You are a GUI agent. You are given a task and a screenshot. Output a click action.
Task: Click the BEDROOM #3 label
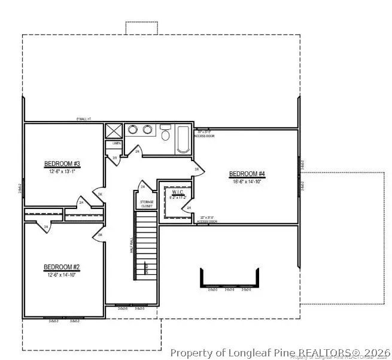click(x=62, y=164)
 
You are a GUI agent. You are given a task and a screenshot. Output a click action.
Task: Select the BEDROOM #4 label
click(x=247, y=174)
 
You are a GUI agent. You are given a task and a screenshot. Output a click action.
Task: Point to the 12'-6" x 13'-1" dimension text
click(x=62, y=171)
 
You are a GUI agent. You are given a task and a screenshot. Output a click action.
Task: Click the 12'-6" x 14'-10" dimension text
click(x=62, y=275)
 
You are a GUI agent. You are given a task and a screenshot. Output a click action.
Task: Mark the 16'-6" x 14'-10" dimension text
click(x=247, y=182)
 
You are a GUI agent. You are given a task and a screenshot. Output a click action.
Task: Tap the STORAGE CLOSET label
click(x=147, y=204)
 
